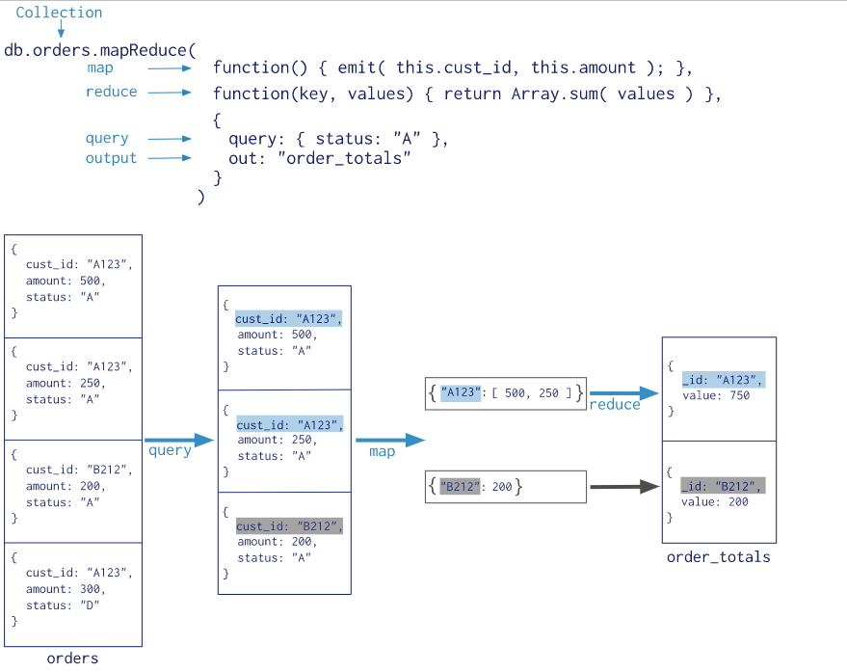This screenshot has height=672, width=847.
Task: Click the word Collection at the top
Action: click(x=59, y=13)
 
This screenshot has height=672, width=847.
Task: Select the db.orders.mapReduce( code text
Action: click(x=100, y=49)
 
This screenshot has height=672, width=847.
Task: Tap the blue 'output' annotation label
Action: click(x=111, y=158)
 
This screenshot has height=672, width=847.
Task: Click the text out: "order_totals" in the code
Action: click(x=319, y=158)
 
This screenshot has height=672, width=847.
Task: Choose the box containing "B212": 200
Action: click(x=505, y=487)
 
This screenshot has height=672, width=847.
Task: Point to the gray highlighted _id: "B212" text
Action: click(x=722, y=486)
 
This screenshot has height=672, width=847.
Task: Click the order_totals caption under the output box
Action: click(x=718, y=557)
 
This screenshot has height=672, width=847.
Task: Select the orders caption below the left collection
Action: click(x=72, y=659)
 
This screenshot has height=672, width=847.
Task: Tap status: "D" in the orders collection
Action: click(x=63, y=605)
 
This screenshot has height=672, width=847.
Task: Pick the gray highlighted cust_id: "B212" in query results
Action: click(x=289, y=526)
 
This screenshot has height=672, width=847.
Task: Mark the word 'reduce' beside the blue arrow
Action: click(x=615, y=405)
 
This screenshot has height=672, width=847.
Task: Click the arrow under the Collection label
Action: click(x=61, y=31)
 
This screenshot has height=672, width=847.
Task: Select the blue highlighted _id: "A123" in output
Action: click(x=722, y=380)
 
